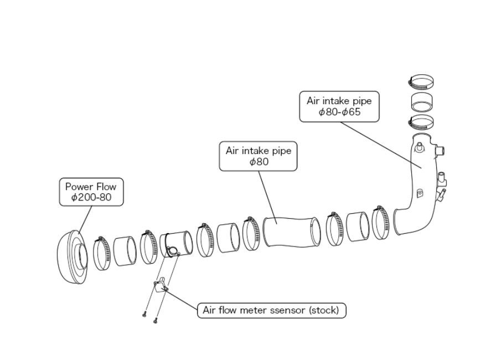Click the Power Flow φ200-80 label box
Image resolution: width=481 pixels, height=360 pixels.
click(91, 192)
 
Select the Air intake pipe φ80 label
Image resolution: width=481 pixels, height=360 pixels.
click(258, 156)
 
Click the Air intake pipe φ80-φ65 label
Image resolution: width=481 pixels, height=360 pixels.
click(339, 106)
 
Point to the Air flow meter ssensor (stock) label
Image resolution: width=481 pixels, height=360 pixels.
click(271, 310)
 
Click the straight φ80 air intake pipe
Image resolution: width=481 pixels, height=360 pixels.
click(291, 232)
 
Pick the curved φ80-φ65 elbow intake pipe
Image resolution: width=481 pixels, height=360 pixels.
click(417, 184)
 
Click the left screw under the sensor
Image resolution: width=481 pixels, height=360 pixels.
click(144, 315)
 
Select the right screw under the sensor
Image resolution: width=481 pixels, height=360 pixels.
click(155, 321)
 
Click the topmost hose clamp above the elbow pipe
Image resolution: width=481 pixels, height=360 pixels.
click(421, 82)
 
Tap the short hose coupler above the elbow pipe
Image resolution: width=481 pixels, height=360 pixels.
click(421, 102)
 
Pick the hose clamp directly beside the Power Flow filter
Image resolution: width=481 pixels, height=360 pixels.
click(102, 253)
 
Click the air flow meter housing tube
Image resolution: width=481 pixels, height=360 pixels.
click(176, 244)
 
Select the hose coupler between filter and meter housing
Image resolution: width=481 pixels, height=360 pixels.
click(125, 251)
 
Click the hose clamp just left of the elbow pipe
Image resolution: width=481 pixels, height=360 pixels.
click(380, 223)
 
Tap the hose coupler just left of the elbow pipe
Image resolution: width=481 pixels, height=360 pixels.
click(358, 227)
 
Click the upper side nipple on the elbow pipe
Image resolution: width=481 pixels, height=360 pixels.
click(439, 151)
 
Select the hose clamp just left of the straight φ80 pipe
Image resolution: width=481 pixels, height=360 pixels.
click(251, 233)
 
